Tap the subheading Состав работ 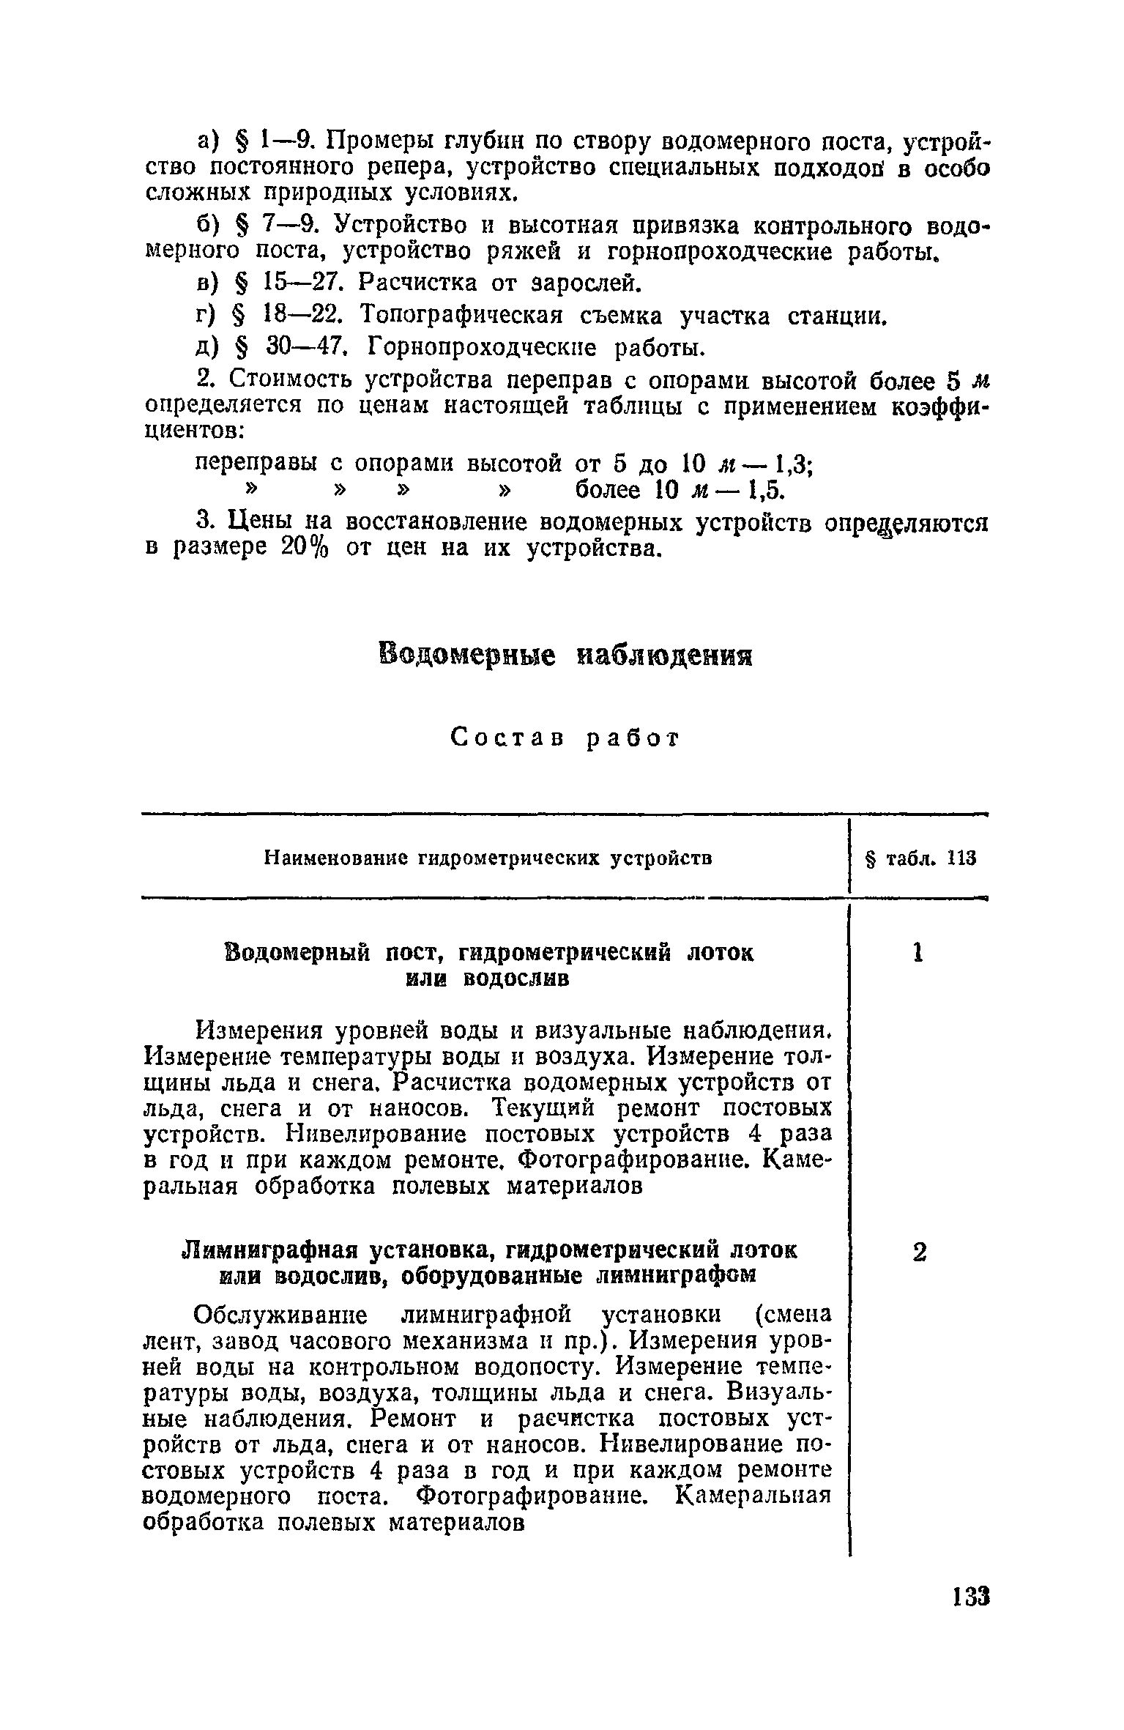tap(565, 738)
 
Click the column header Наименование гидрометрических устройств tap(488, 858)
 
